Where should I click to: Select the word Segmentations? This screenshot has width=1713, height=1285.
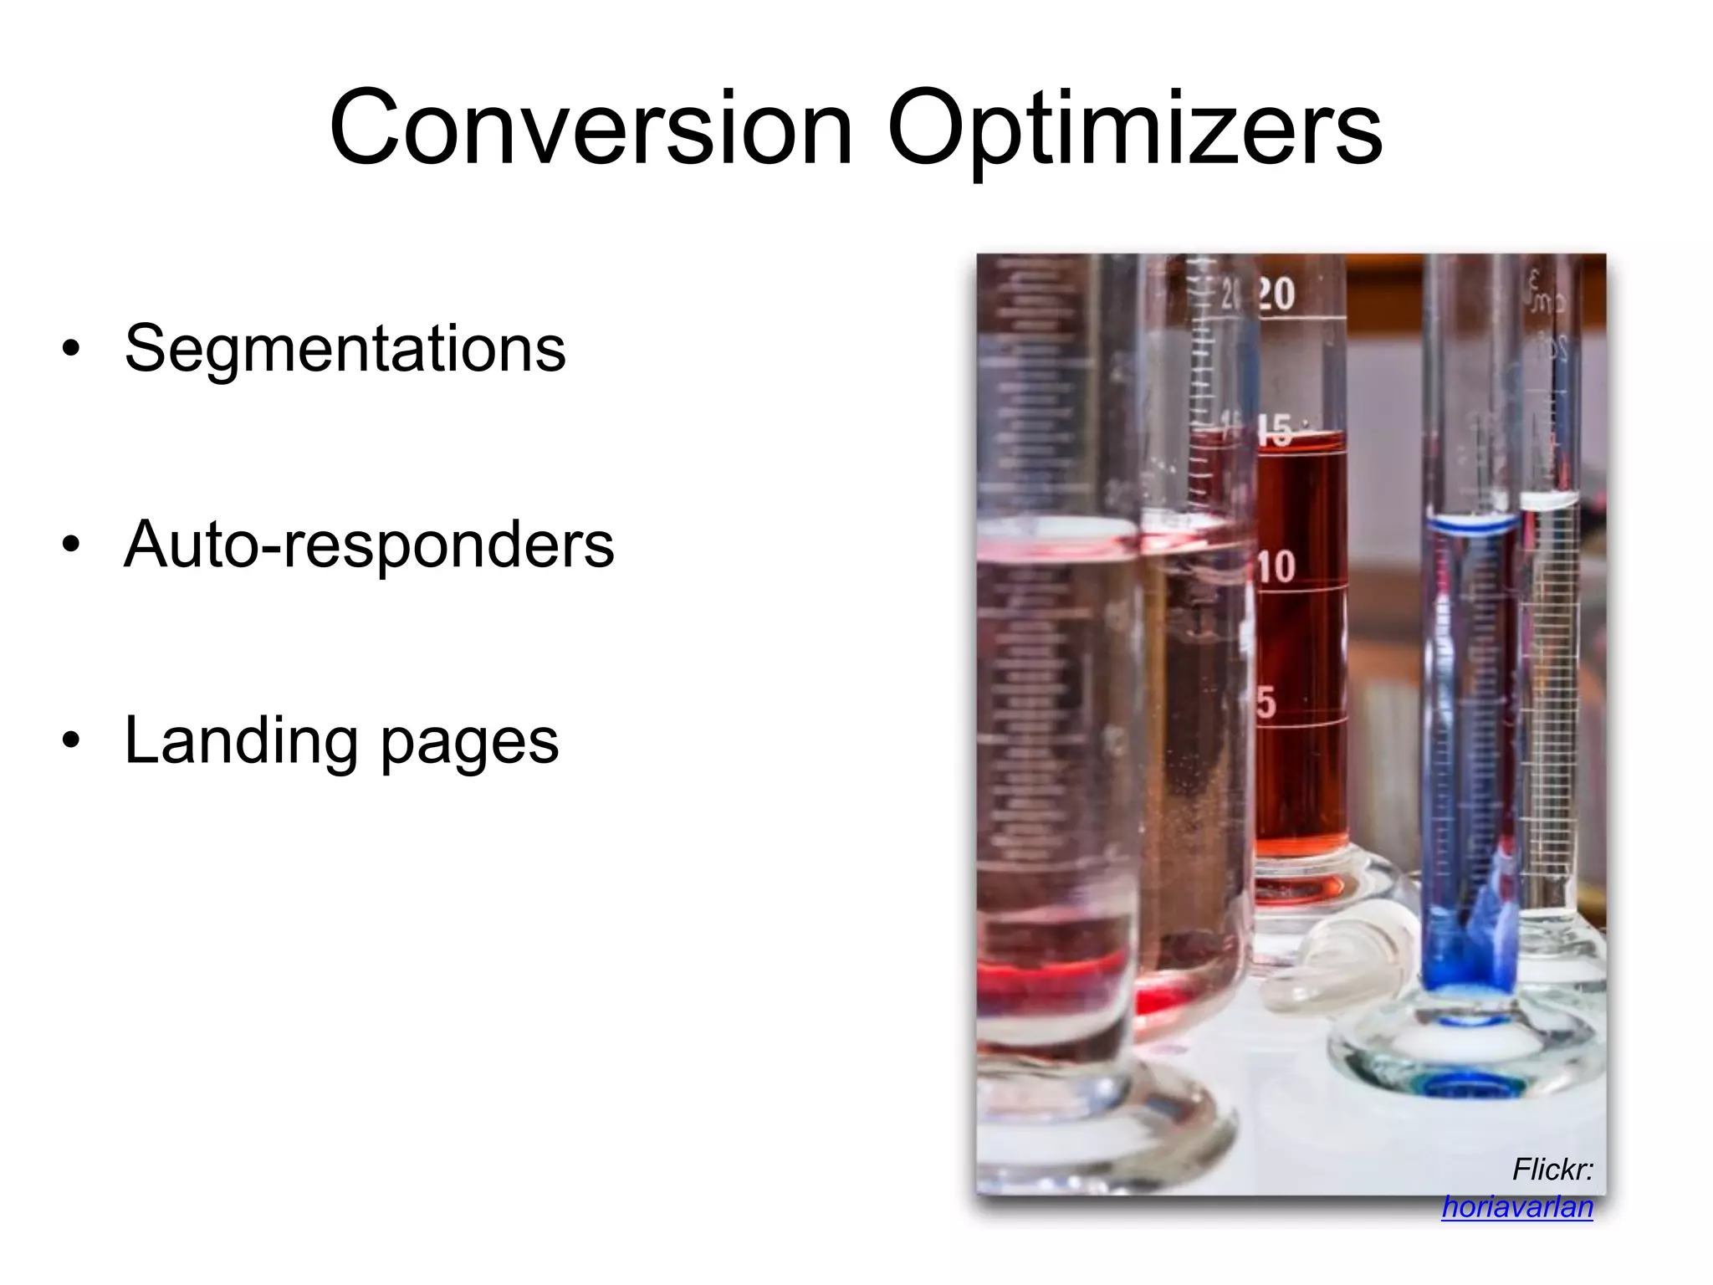[345, 348]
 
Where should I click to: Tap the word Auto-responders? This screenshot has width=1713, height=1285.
[368, 544]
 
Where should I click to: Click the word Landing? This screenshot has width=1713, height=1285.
[241, 740]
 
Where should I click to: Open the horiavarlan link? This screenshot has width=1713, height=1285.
[1516, 1206]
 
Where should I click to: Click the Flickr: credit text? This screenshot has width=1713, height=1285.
[1552, 1169]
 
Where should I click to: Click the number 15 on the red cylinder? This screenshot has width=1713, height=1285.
[1276, 430]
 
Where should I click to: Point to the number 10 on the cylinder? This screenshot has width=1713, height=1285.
[1276, 566]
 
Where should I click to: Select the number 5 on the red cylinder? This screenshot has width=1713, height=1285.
[1266, 702]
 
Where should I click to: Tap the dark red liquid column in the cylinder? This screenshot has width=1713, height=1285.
[1301, 653]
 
